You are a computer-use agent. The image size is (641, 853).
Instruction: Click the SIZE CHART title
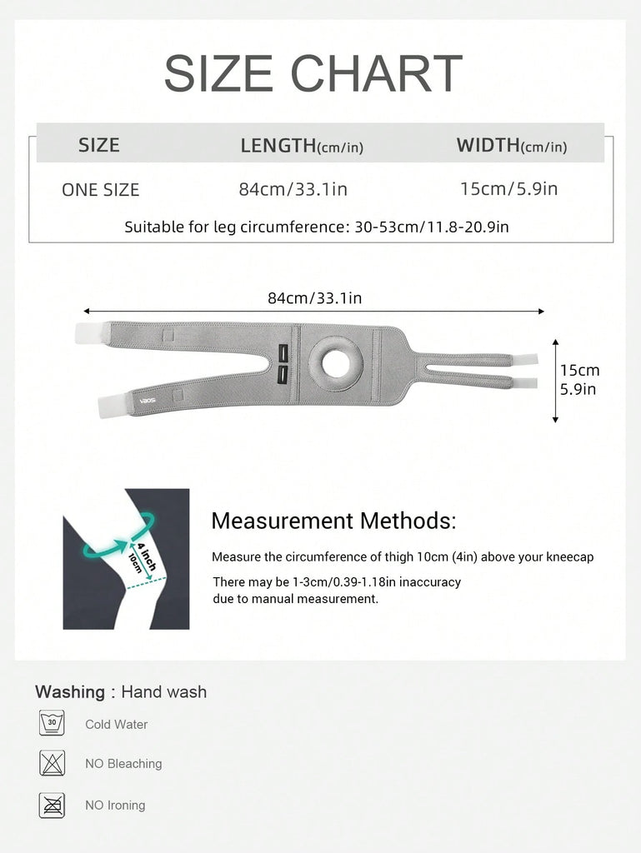click(313, 73)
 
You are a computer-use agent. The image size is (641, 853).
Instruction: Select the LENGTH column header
click(302, 146)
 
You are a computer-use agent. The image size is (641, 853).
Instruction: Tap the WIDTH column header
click(511, 146)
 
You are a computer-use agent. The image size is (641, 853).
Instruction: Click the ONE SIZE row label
click(100, 190)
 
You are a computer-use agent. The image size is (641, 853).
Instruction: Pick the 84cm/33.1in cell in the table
click(293, 189)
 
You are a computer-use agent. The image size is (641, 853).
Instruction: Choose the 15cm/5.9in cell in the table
click(508, 188)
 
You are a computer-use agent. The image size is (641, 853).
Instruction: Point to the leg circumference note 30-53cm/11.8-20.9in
click(316, 227)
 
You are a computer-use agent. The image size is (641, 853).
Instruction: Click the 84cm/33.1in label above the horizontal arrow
click(314, 298)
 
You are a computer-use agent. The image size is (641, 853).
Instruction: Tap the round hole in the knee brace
click(335, 363)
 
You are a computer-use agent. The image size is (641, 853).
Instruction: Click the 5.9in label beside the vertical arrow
click(578, 388)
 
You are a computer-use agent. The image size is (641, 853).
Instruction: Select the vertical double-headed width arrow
click(556, 381)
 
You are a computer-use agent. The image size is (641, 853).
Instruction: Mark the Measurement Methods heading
click(333, 521)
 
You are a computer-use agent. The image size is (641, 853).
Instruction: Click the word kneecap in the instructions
click(571, 556)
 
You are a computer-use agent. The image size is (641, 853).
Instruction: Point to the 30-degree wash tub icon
click(52, 722)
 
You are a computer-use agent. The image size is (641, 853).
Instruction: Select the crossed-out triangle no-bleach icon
click(52, 762)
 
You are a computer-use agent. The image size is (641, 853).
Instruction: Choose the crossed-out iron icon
click(52, 804)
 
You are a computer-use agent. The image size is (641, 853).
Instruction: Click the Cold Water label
click(116, 725)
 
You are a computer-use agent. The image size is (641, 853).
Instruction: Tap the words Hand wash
click(163, 691)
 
